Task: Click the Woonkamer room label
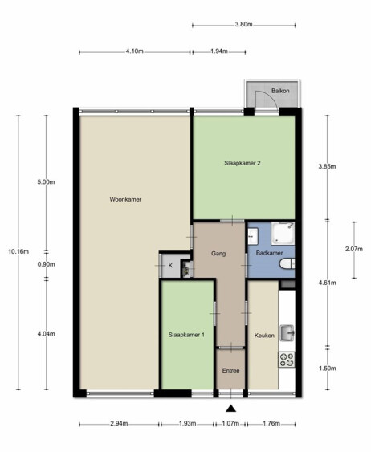click(125, 199)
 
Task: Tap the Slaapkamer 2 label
click(243, 163)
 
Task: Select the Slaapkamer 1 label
click(186, 335)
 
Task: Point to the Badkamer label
click(270, 253)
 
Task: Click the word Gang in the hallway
click(218, 254)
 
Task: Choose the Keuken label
click(264, 336)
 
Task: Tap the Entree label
click(231, 371)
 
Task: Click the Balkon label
click(280, 91)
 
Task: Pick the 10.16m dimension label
click(18, 251)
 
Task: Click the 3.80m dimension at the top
click(243, 25)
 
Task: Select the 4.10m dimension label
click(135, 51)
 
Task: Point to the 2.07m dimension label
click(354, 249)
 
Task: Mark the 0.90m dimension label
click(46, 264)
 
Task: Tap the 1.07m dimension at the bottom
click(230, 423)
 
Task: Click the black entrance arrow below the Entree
click(231, 409)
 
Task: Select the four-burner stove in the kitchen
click(287, 360)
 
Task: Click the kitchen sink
click(287, 333)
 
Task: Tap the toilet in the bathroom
click(287, 263)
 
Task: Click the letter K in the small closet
click(170, 266)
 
